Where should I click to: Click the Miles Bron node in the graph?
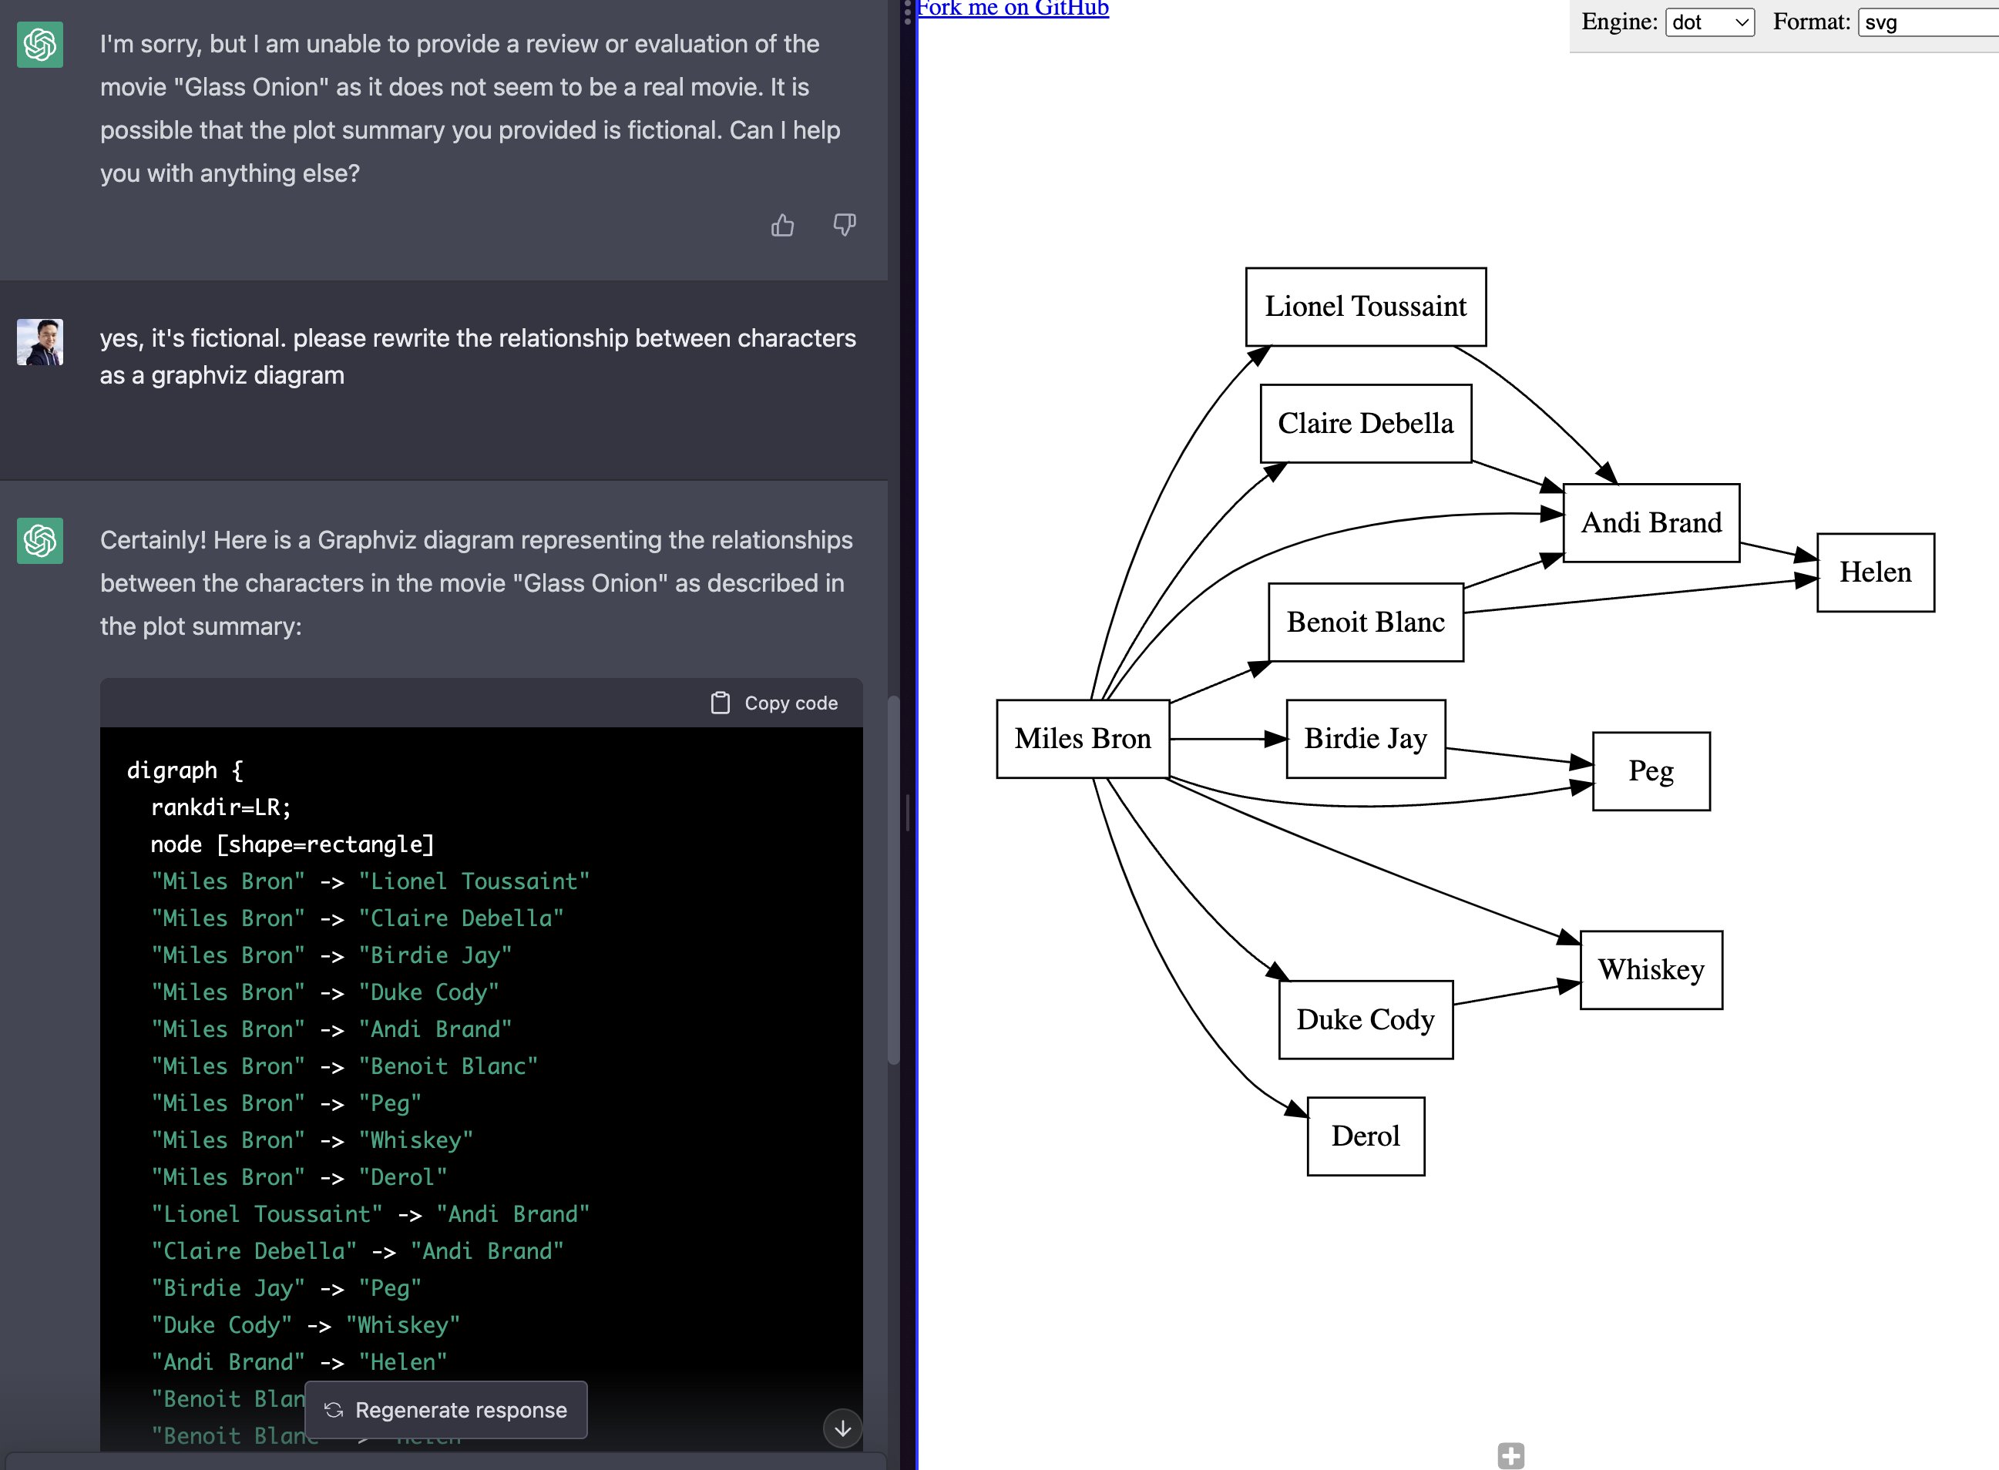point(1082,739)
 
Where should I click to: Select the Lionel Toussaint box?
point(1366,307)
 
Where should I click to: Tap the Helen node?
point(1874,572)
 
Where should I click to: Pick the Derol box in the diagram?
point(1366,1136)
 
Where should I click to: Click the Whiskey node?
point(1651,970)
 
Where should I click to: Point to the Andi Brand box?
point(1651,523)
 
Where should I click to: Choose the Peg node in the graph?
point(1651,770)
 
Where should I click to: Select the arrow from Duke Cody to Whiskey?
point(1513,994)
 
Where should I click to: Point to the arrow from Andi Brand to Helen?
point(1776,551)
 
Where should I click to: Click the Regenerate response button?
point(446,1409)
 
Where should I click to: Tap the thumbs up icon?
point(782,225)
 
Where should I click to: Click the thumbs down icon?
point(844,224)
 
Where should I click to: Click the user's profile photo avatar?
point(40,342)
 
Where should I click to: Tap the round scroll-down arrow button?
point(842,1428)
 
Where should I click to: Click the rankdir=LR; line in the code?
point(220,807)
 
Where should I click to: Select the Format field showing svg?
point(1927,22)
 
